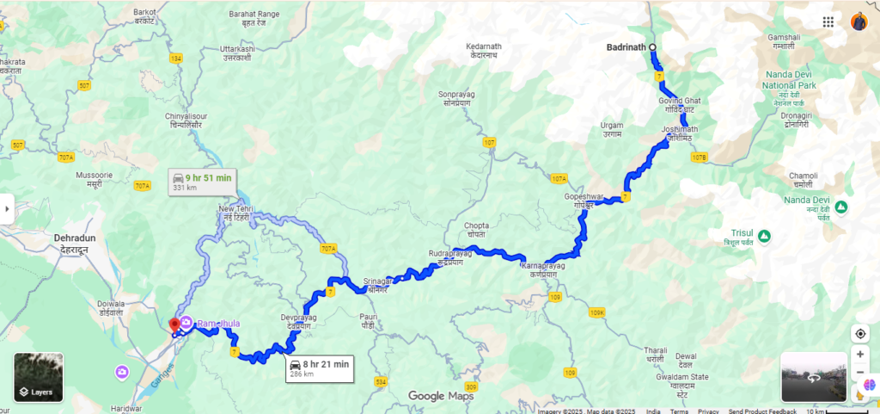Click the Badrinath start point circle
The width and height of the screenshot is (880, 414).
click(x=652, y=47)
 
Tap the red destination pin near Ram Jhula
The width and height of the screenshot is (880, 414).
click(x=175, y=325)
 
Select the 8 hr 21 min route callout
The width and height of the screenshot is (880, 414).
click(x=320, y=368)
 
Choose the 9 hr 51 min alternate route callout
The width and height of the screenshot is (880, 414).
click(x=201, y=182)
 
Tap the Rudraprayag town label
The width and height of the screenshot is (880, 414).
click(x=450, y=257)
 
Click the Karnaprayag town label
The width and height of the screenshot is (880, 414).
click(x=542, y=271)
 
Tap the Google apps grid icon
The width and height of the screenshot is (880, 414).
click(x=828, y=22)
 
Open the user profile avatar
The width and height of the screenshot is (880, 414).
click(x=859, y=22)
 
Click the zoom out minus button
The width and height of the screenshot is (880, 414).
click(x=859, y=372)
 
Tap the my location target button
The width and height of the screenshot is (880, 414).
click(x=859, y=333)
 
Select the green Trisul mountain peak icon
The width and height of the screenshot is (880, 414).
click(x=763, y=236)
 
